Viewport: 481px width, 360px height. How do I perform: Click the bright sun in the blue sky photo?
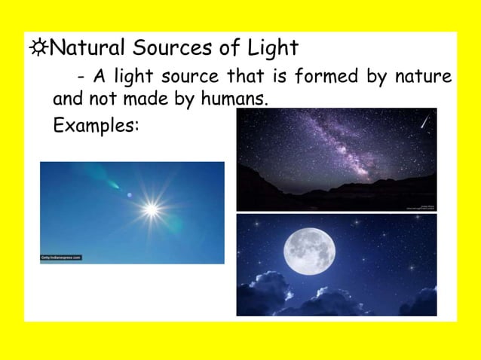tap(151, 209)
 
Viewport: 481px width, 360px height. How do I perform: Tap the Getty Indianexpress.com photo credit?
tap(61, 258)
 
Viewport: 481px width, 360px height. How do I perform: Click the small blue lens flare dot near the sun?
tap(129, 195)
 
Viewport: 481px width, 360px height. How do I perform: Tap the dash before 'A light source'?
tap(80, 78)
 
